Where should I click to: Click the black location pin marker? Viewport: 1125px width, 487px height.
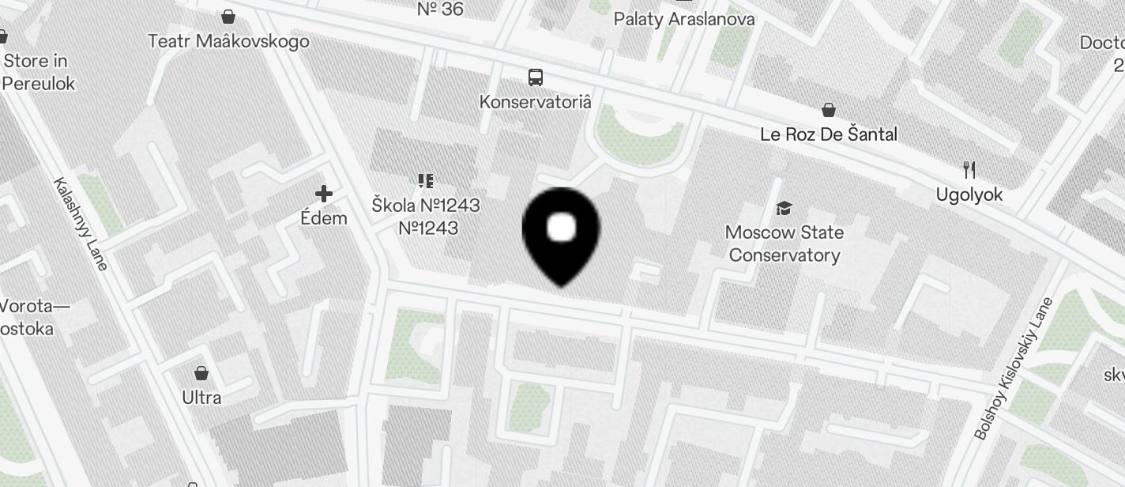click(x=561, y=234)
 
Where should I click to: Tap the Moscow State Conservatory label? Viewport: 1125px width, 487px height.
click(x=784, y=243)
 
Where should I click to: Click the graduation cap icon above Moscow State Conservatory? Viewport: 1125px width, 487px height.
click(x=784, y=208)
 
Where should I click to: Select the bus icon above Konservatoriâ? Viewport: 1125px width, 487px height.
click(x=536, y=77)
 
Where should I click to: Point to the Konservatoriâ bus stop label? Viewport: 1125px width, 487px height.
click(x=536, y=102)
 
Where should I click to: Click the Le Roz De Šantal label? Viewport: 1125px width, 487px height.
click(x=828, y=134)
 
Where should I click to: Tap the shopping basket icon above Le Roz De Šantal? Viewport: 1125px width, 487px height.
click(x=829, y=109)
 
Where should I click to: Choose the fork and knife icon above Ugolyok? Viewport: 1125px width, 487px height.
click(x=969, y=169)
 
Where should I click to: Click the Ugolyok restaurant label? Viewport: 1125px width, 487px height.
click(x=969, y=194)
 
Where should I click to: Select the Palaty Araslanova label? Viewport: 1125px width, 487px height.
click(x=684, y=19)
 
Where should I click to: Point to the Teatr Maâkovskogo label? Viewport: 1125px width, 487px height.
click(x=228, y=41)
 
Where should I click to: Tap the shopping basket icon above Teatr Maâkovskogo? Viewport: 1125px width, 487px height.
click(x=228, y=16)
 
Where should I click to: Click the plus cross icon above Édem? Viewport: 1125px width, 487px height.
click(x=324, y=193)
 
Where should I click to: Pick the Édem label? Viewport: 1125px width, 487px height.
click(x=324, y=218)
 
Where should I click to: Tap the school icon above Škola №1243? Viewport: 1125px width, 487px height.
click(x=426, y=181)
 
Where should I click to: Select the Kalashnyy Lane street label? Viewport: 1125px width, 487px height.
click(x=80, y=224)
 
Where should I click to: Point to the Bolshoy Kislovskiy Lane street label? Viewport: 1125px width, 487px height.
click(x=1014, y=368)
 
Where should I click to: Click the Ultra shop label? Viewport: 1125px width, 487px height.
click(x=201, y=397)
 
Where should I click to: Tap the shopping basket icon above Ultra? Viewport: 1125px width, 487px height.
click(x=201, y=372)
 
